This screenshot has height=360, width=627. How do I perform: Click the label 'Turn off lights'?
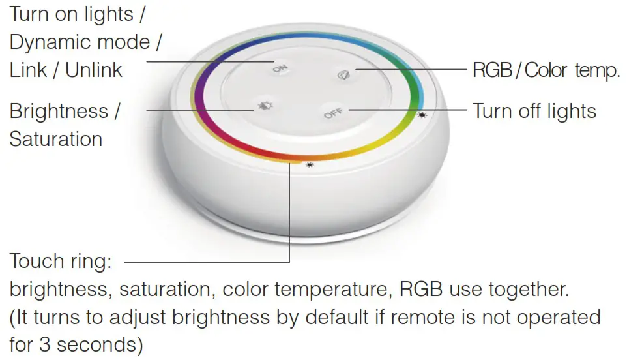534,111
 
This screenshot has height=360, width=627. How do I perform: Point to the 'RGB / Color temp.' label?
546,70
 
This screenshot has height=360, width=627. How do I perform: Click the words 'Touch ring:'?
61,262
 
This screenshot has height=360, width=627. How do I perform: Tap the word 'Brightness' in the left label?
59,111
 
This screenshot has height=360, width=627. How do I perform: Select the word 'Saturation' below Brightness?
56,139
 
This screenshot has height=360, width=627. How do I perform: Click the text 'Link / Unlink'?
66,70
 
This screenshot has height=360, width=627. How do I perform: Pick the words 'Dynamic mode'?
80,42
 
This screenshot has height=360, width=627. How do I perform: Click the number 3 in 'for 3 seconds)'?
44,344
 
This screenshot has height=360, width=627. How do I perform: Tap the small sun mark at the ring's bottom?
309,165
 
